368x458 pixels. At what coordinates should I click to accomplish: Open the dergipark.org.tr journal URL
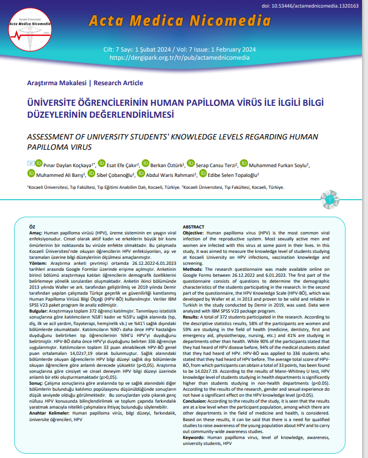coord(179,57)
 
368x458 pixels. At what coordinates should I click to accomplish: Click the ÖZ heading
coord(32,226)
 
